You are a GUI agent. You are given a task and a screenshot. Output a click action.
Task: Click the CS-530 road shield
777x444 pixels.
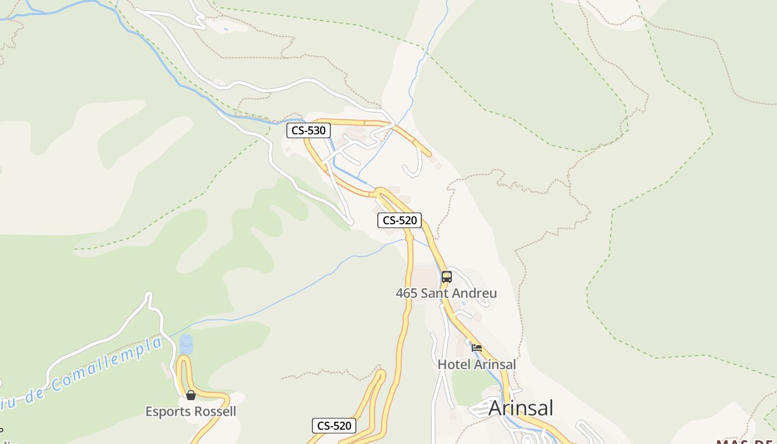pyautogui.click(x=309, y=131)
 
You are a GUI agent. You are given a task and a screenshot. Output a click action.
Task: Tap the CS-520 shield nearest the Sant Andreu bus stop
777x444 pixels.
pyautogui.click(x=400, y=220)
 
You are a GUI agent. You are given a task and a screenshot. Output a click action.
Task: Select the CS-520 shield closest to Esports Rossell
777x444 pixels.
pyautogui.click(x=334, y=426)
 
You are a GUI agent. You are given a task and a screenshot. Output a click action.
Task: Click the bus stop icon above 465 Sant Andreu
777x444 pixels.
pyautogui.click(x=447, y=276)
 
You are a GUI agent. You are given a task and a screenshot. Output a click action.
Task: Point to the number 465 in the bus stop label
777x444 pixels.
pyautogui.click(x=407, y=293)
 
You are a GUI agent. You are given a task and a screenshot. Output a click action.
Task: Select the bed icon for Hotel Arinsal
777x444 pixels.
pyautogui.click(x=477, y=348)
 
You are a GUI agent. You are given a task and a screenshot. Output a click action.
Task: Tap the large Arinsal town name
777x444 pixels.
pyautogui.click(x=521, y=408)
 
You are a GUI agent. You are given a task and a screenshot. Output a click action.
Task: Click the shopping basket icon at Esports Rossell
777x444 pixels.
pyautogui.click(x=191, y=395)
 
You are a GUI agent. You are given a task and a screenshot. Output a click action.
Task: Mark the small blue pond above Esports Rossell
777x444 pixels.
pyautogui.click(x=186, y=344)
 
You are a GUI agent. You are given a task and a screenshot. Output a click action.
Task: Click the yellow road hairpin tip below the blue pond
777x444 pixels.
pyautogui.click(x=183, y=360)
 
